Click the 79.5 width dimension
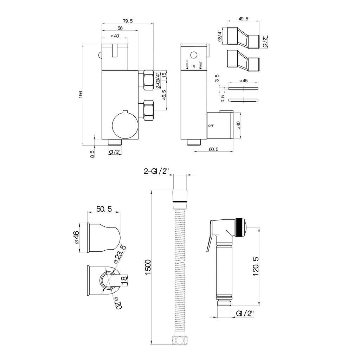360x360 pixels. coord(128,21)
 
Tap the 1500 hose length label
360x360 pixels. coord(148,267)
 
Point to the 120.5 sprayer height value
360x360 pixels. coord(256,266)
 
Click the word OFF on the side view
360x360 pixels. coord(211,126)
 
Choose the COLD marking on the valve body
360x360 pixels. coord(187,64)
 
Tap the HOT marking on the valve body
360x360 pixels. coord(201,65)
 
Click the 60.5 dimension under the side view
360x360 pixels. coord(213,149)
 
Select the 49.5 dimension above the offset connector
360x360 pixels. coord(243,19)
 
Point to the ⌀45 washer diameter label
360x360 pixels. coord(243,81)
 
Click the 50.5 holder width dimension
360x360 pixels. coord(104,209)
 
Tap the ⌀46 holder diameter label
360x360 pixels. coord(76,237)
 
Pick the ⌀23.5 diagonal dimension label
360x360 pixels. coord(120,255)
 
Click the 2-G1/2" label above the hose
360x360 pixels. coord(156,171)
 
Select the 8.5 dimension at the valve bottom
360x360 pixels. coord(92,154)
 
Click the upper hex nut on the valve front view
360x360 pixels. coord(148,81)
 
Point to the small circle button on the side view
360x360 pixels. coord(194,55)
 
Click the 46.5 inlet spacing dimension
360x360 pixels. coord(164,95)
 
